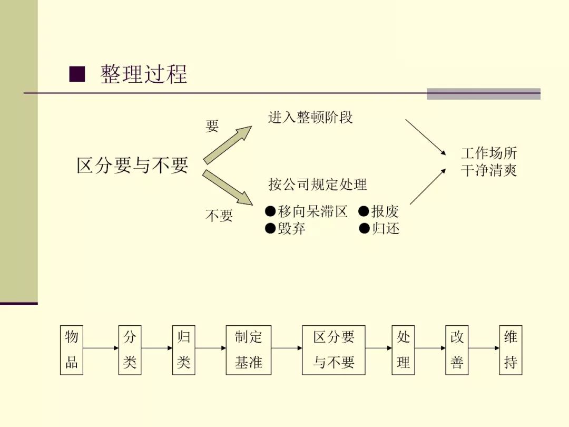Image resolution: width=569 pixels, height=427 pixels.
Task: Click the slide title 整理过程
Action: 144,74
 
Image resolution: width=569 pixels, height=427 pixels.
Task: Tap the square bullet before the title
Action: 77,74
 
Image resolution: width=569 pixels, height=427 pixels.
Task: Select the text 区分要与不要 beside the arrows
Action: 132,166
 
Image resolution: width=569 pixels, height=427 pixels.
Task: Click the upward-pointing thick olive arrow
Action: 227,145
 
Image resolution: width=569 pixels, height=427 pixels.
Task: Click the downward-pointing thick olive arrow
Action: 227,187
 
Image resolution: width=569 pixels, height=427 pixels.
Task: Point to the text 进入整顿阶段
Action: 310,117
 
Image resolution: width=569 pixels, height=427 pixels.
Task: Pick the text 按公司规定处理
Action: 318,185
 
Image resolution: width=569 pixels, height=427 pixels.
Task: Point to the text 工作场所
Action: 489,153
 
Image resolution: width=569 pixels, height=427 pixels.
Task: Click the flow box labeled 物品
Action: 72,350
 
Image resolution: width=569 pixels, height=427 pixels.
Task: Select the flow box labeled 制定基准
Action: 249,350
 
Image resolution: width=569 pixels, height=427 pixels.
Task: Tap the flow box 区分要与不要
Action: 333,350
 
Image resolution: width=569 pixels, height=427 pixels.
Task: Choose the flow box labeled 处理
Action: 403,350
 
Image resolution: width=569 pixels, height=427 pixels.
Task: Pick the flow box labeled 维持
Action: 511,350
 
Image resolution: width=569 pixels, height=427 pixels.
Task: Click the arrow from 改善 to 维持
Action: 484,348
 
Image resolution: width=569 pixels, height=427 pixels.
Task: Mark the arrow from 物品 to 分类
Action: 101,348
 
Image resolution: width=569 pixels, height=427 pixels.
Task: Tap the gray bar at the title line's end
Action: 483,94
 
